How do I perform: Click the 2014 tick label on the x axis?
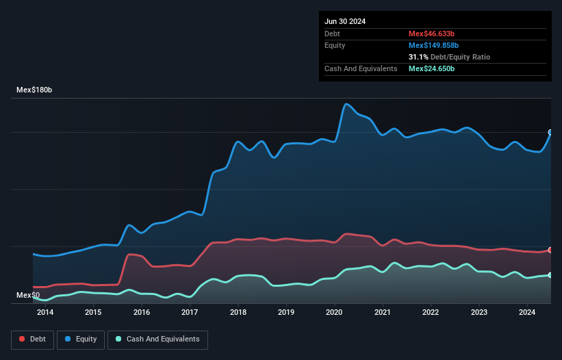[x=45, y=313]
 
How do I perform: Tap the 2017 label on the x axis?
[x=190, y=313]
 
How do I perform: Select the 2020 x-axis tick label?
[x=335, y=313]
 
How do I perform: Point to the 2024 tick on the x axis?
[x=527, y=313]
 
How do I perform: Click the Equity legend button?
[x=81, y=339]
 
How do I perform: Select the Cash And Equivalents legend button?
[x=157, y=339]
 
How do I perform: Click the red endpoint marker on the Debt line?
[x=550, y=250]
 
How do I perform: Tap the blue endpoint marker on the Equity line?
[x=550, y=132]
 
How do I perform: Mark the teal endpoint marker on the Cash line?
[x=550, y=275]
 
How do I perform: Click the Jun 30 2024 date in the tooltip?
[x=345, y=21]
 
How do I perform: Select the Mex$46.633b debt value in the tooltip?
[x=431, y=34]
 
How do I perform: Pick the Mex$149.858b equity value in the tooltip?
[x=434, y=45]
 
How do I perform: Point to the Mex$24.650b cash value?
[x=431, y=68]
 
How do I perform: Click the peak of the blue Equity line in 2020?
[x=347, y=104]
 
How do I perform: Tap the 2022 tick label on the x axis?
[x=431, y=313]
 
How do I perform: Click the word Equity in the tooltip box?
[x=335, y=45]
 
